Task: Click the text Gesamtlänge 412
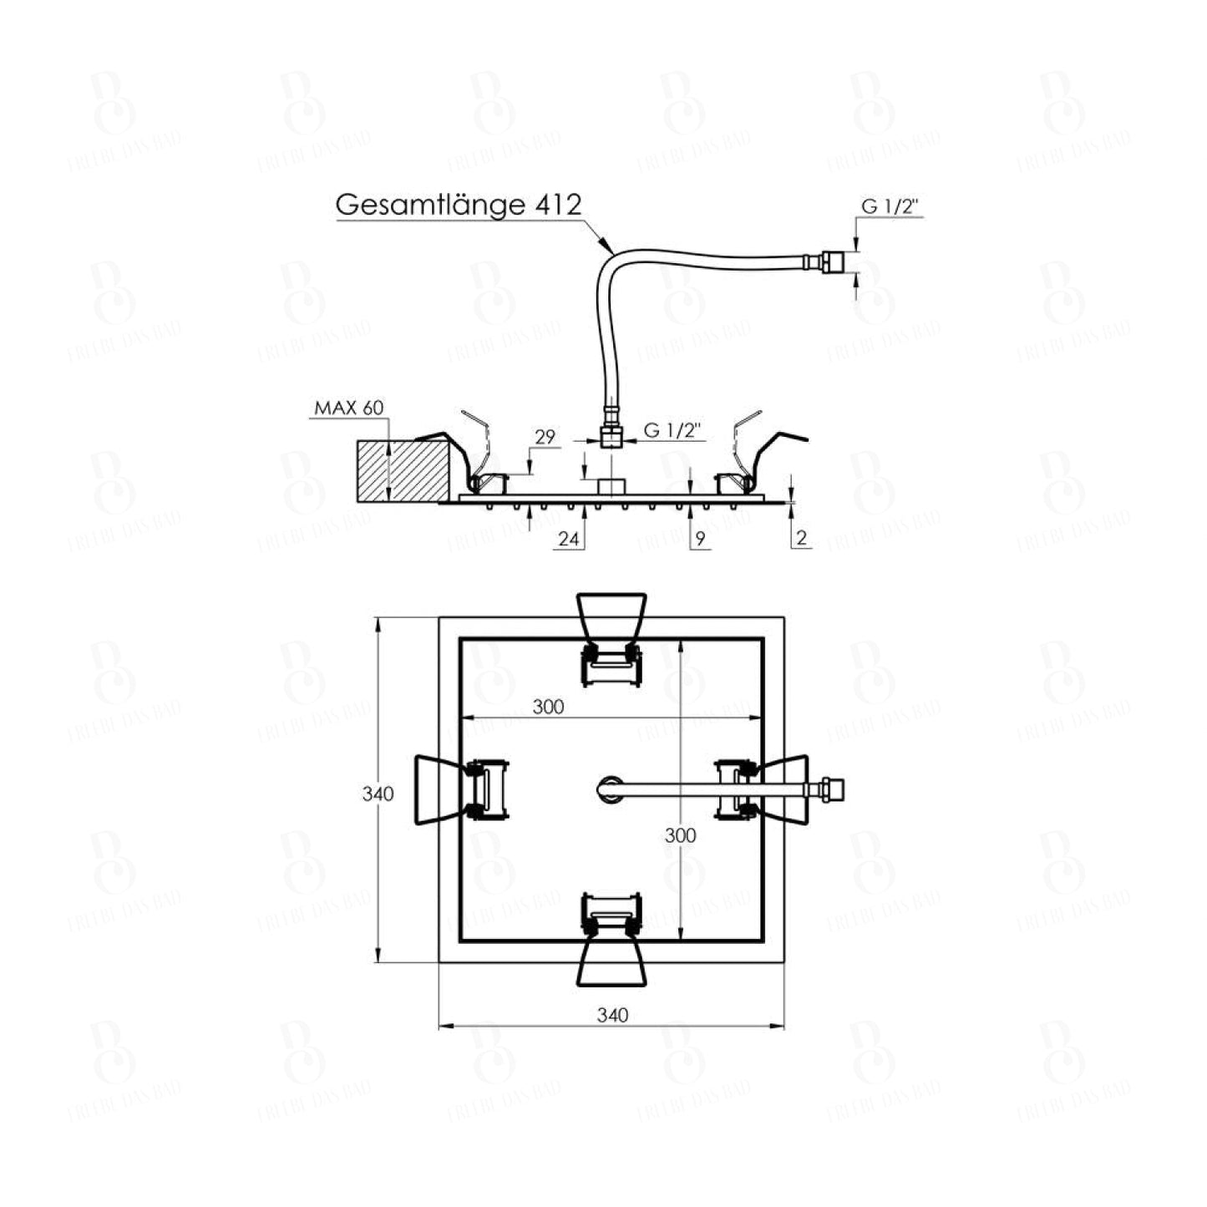click(458, 205)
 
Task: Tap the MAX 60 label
click(348, 408)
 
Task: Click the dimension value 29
click(545, 436)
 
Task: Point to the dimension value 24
click(568, 540)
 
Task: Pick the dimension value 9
click(700, 540)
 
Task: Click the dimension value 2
click(802, 540)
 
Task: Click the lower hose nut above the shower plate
click(612, 436)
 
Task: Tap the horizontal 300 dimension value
click(548, 707)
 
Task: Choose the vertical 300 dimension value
click(682, 834)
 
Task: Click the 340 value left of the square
click(378, 794)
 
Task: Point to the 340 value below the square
click(612, 1015)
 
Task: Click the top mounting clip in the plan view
click(612, 639)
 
